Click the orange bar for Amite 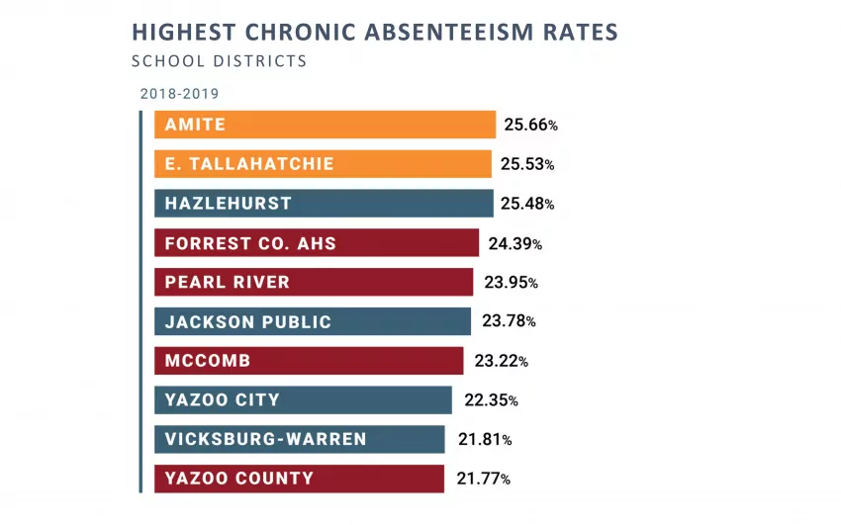325,125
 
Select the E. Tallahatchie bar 323,164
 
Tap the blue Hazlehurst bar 324,204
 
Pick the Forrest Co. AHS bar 317,243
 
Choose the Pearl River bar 314,282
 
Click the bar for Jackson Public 313,321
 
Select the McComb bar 309,361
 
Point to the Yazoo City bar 304,400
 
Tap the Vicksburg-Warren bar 300,439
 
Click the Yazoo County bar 300,479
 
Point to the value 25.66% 530,126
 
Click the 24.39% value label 514,243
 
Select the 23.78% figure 509,321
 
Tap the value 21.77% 483,480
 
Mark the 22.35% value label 491,400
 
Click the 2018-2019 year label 179,94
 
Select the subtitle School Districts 219,61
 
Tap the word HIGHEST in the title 178,33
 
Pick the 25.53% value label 527,164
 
